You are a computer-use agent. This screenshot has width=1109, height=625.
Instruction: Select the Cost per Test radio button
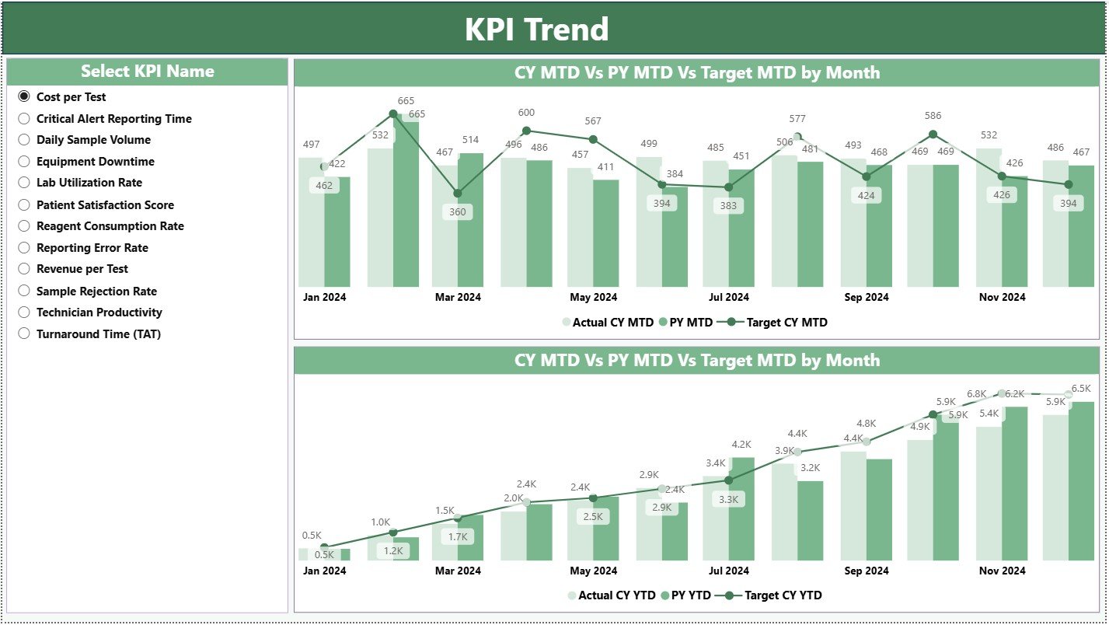[x=24, y=97]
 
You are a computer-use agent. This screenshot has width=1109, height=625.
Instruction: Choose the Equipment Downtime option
[x=24, y=162]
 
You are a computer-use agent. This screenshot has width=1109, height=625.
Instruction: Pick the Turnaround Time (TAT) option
[x=24, y=334]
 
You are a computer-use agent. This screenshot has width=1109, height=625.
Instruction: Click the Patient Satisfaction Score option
[x=24, y=205]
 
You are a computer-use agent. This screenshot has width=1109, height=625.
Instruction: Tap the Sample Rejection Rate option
[x=24, y=292]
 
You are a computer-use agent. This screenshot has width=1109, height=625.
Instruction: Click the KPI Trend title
[x=536, y=30]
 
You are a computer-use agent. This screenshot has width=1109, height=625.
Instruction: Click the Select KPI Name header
[x=147, y=72]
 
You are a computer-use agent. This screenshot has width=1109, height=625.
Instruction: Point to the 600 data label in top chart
[x=526, y=113]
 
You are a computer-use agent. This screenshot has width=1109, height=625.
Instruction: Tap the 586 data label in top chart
[x=933, y=117]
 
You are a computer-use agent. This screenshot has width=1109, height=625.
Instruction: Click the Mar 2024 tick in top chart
[x=458, y=298]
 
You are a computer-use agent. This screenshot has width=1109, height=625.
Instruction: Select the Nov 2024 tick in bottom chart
[x=1002, y=571]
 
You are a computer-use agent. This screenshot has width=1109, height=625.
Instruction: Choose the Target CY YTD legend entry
[x=783, y=596]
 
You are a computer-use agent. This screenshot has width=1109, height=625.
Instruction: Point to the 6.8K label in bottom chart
[x=976, y=395]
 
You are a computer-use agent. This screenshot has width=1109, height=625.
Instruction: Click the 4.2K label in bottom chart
[x=741, y=445]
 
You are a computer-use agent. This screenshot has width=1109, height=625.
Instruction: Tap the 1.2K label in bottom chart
[x=392, y=551]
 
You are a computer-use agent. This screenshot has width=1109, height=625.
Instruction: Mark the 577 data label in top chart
[x=797, y=119]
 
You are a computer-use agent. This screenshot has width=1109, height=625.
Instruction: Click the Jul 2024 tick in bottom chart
[x=728, y=571]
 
